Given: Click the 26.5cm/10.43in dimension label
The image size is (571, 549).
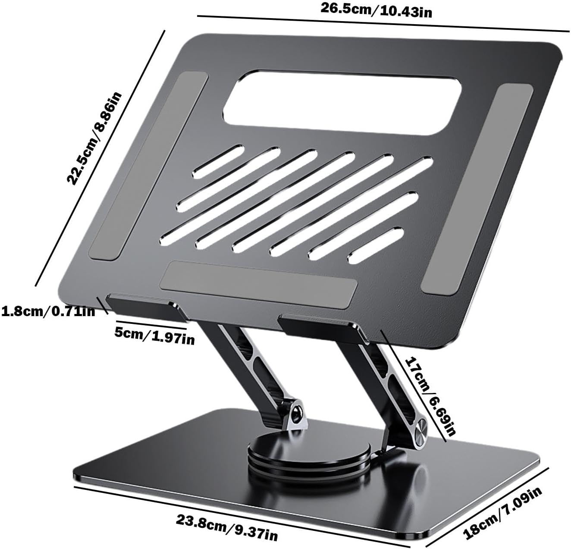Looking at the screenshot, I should [376, 10].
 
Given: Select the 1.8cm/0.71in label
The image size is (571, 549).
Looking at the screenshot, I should [48, 311].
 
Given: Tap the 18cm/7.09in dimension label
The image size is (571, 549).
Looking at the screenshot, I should [502, 512].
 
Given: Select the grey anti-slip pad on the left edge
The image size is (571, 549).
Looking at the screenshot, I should [149, 166].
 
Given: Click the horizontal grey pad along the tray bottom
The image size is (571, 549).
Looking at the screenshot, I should [258, 284].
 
